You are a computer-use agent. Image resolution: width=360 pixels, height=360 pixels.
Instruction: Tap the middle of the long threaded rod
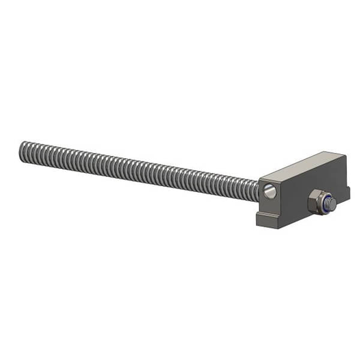click(x=141, y=169)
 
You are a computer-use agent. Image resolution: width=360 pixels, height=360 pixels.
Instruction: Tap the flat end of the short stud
click(x=331, y=205)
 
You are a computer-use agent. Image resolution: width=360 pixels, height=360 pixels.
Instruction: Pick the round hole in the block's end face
click(x=270, y=191)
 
